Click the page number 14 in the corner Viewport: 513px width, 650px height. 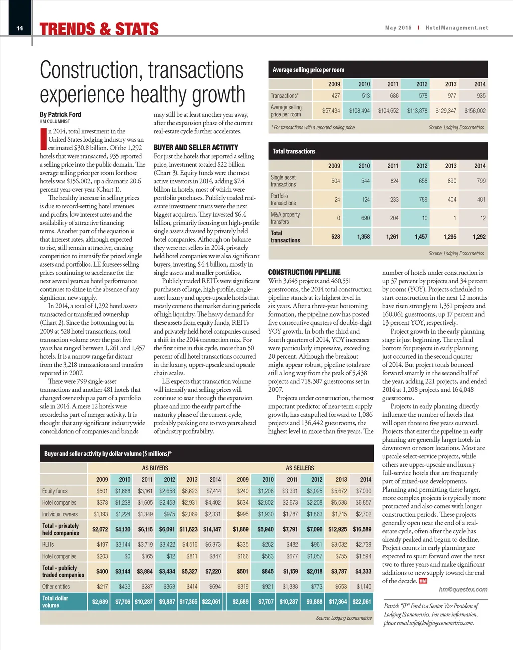tap(20, 28)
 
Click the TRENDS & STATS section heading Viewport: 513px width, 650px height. tap(99, 29)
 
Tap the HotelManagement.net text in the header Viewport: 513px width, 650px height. tap(456, 28)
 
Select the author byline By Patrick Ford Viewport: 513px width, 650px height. tap(60, 114)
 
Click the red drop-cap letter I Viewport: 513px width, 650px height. tap(43, 139)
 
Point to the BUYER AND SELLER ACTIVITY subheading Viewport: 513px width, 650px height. tap(196, 147)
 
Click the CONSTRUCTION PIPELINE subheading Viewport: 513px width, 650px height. tap(304, 272)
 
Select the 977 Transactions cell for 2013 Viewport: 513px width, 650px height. tap(452, 96)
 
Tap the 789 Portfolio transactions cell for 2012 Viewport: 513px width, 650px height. tap(423, 199)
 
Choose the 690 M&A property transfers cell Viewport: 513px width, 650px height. tap(365, 218)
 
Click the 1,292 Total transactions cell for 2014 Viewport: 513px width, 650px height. tap(479, 237)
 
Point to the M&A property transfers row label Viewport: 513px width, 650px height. tap(285, 218)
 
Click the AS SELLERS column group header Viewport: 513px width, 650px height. tap(300, 468)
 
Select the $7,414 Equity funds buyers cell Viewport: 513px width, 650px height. tap(213, 491)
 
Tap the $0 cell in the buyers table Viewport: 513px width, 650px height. tap(127, 556)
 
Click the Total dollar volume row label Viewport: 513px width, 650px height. tap(55, 602)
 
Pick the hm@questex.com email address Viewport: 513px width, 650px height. tap(463, 589)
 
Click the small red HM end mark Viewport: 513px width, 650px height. tap(423, 581)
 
